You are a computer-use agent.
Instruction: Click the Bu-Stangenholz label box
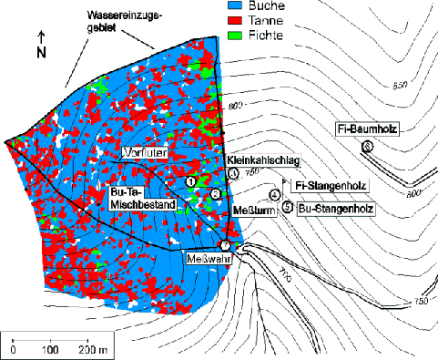(331, 208)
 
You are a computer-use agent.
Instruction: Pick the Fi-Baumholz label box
(367, 128)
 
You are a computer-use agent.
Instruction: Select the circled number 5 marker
(288, 208)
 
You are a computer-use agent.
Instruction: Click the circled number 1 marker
(190, 182)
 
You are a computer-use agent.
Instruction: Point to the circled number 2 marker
(215, 193)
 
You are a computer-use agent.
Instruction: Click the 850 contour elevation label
(398, 87)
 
